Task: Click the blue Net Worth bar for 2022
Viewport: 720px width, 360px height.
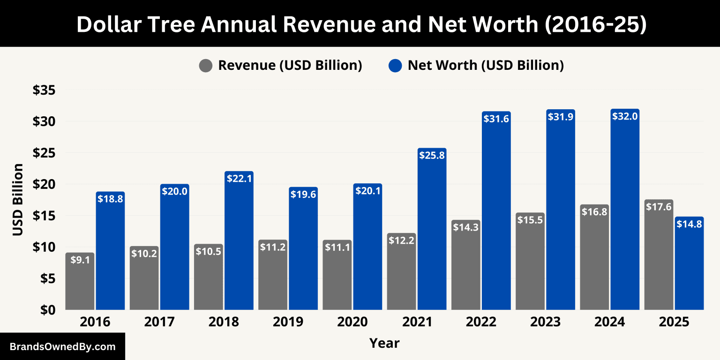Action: pos(496,211)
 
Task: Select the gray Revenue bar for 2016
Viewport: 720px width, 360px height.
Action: pos(80,281)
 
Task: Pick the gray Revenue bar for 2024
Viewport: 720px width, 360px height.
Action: pos(594,258)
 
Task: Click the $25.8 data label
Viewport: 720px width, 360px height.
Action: pos(432,155)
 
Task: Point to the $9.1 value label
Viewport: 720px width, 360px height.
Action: pos(80,259)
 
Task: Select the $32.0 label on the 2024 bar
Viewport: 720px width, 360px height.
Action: pos(625,116)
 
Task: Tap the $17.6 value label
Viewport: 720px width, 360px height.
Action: pos(659,206)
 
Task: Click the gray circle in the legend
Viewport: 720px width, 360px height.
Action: pos(206,66)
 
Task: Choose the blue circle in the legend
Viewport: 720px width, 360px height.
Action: pos(395,66)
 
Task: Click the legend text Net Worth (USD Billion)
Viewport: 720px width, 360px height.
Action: pos(485,66)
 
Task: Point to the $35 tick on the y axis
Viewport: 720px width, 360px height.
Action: pos(44,90)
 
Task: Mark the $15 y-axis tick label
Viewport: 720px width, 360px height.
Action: pos(44,216)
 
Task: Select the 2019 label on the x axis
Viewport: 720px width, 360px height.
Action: pos(287,322)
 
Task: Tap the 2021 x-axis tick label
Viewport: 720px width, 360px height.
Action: pos(416,322)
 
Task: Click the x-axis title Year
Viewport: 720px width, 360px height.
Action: pos(384,343)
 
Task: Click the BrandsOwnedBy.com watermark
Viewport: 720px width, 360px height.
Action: pos(62,347)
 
